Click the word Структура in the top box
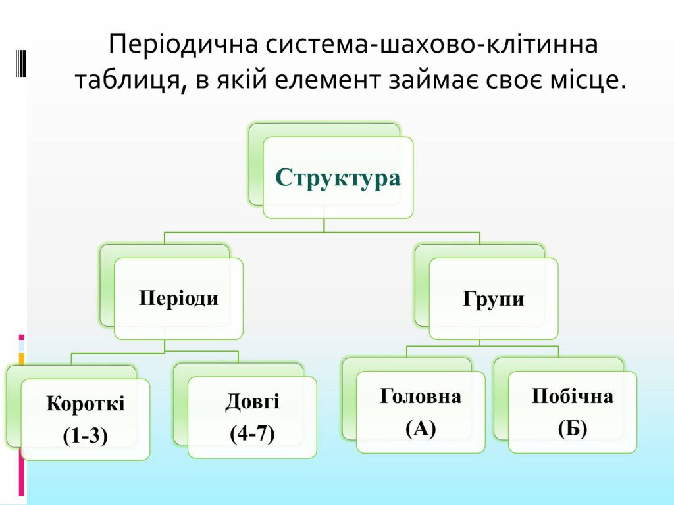pyautogui.click(x=338, y=178)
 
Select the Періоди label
pyautogui.click(x=178, y=299)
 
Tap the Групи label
pyautogui.click(x=493, y=299)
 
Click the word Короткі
pyautogui.click(x=86, y=404)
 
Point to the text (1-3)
pyautogui.click(x=86, y=435)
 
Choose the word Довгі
pyautogui.click(x=252, y=401)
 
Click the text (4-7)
pyautogui.click(x=252, y=433)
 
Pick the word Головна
pyautogui.click(x=421, y=397)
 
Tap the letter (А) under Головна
pyautogui.click(x=421, y=429)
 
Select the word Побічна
pyautogui.click(x=572, y=397)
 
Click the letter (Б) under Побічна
pyautogui.click(x=572, y=429)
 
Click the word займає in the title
pyautogui.click(x=432, y=81)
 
